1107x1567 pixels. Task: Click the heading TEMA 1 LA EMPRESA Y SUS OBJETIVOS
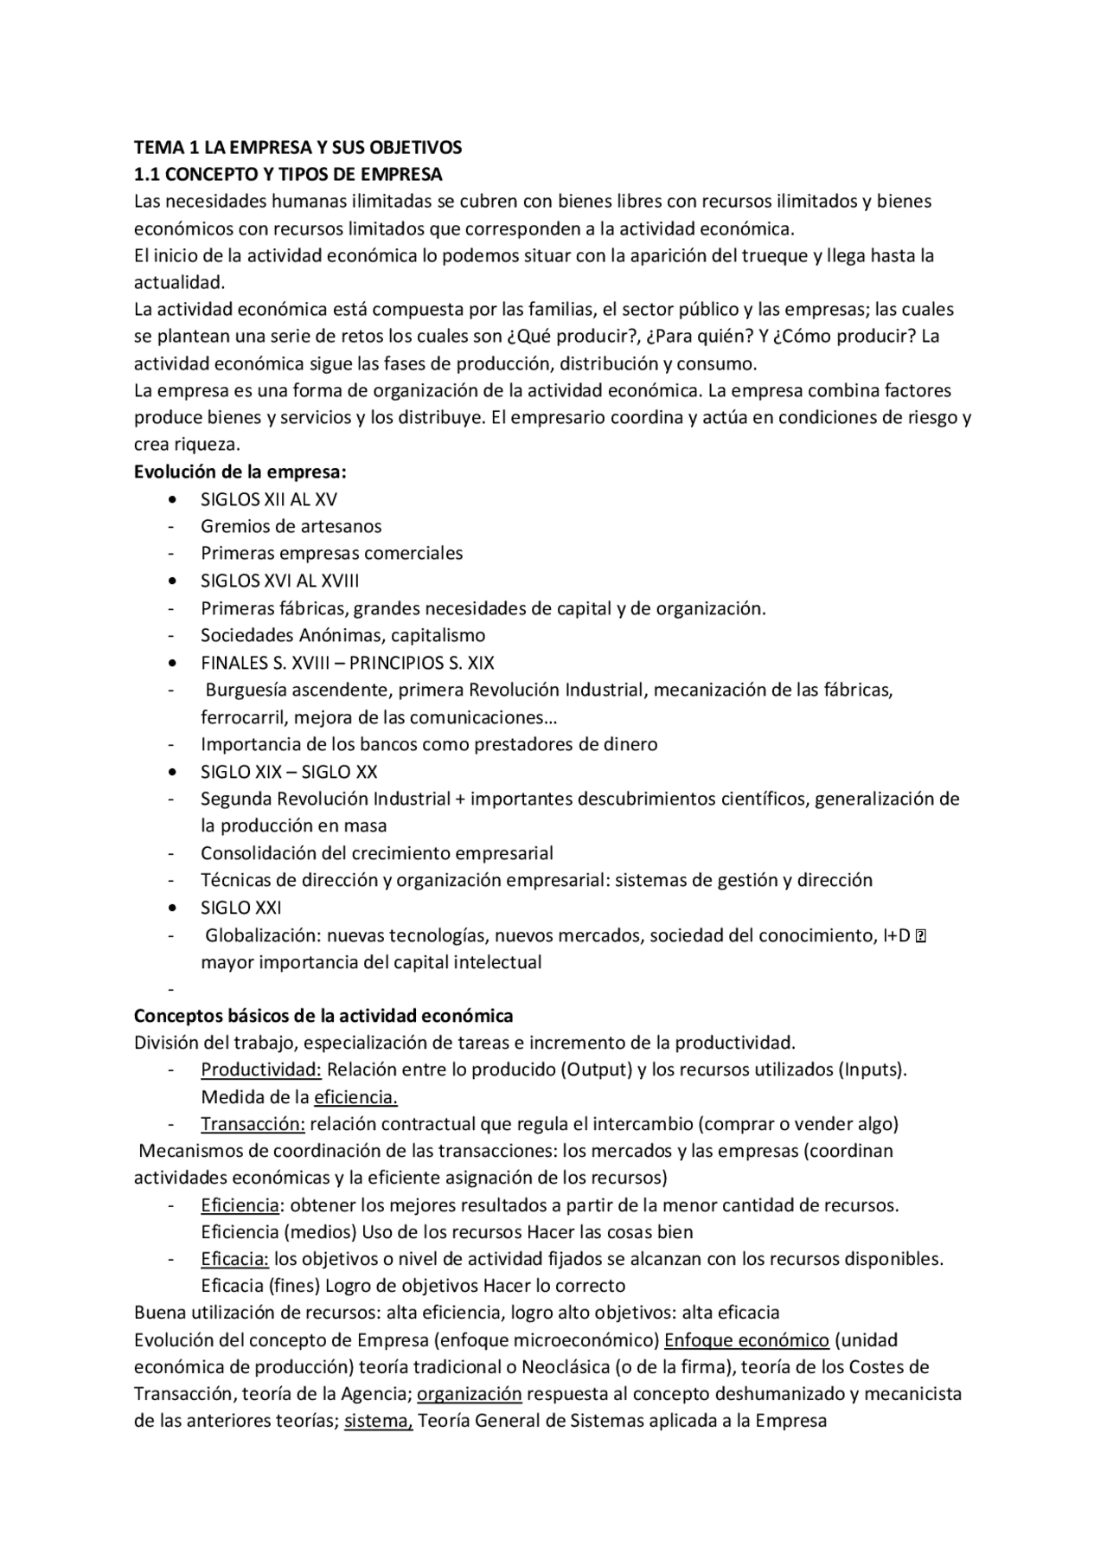coord(298,147)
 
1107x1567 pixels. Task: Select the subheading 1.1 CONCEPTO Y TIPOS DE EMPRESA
coord(288,174)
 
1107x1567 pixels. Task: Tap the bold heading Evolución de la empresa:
coord(240,472)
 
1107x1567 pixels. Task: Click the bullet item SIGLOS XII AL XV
coord(269,499)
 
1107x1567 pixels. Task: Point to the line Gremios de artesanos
coord(291,526)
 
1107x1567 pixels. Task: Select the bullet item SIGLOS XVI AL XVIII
coord(279,581)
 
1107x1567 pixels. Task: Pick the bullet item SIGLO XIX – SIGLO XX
coord(289,772)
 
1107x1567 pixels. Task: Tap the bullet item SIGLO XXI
coord(241,908)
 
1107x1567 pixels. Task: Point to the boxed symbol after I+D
coord(920,935)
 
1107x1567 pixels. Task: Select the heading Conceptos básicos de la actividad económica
coord(323,1015)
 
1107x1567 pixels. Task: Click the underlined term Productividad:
coord(261,1069)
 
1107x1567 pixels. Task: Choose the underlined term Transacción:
coord(253,1124)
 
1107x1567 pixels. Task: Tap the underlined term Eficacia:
coord(235,1259)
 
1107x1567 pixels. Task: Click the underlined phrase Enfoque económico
coord(746,1340)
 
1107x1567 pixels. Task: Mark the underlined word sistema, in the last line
coord(378,1421)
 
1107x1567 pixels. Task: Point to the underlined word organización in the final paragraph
coord(469,1394)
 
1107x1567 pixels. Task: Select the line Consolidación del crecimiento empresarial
coord(377,853)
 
